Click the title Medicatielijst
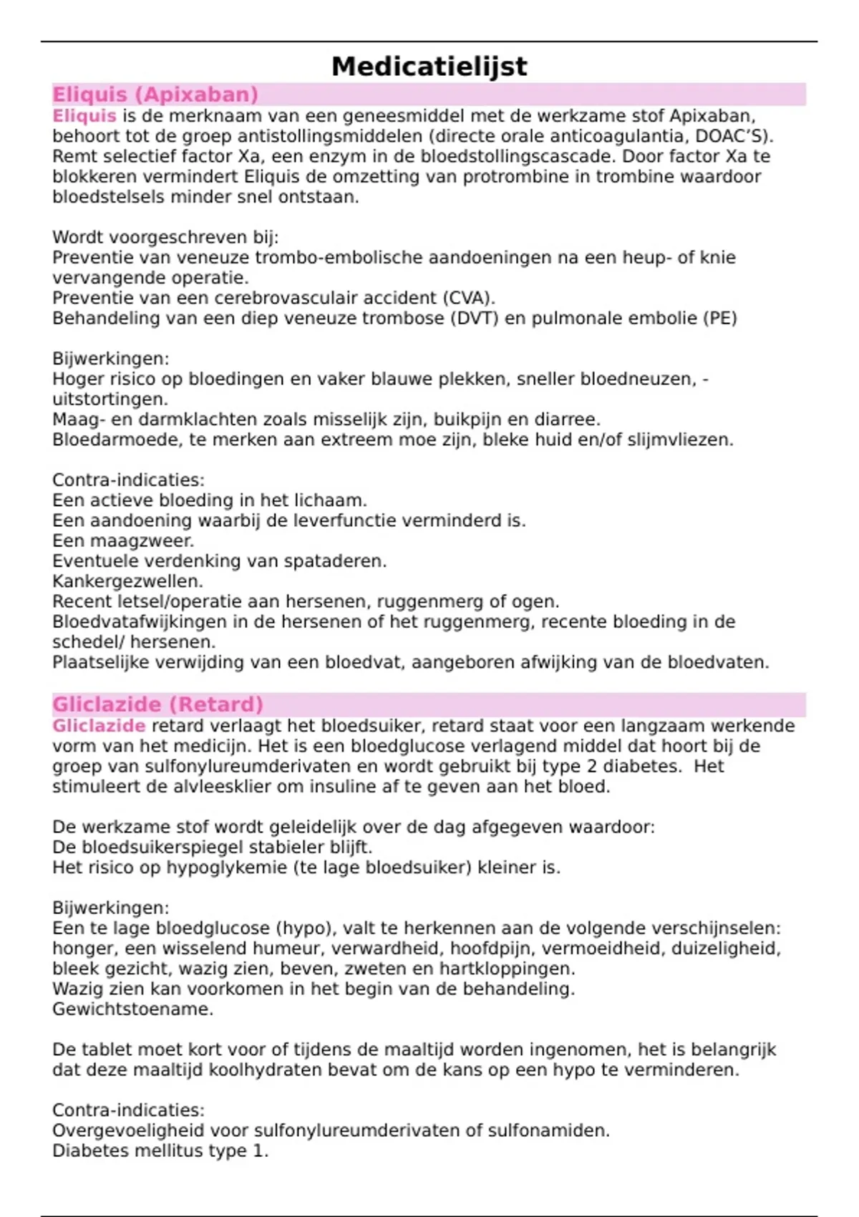[429, 67]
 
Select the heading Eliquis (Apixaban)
[155, 94]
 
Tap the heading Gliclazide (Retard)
[157, 704]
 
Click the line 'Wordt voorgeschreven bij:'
[165, 238]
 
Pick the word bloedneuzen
[636, 379]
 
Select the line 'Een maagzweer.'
[123, 541]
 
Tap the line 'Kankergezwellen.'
[127, 581]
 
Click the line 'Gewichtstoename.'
[132, 1009]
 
